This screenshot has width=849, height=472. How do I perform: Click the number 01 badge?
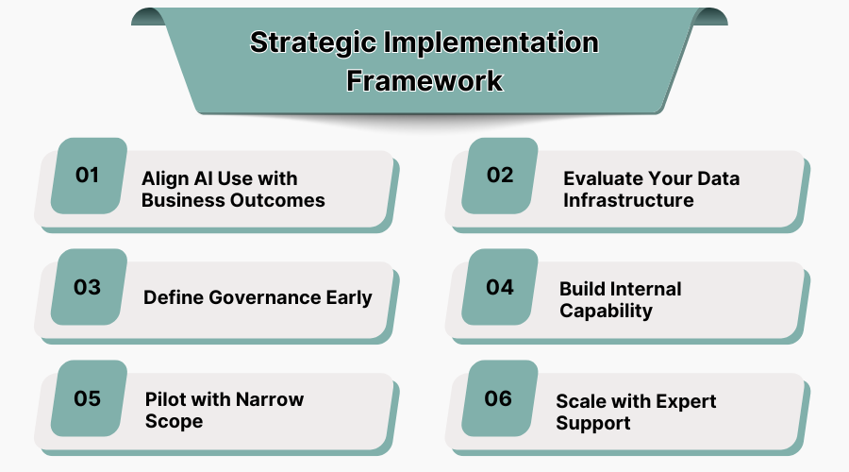pyautogui.click(x=88, y=176)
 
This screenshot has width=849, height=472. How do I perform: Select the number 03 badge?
pyautogui.click(x=88, y=287)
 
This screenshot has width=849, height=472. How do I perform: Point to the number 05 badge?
pyautogui.click(x=88, y=398)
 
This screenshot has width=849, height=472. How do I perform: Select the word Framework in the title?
pyautogui.click(x=424, y=80)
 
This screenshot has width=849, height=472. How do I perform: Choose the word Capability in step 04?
pyautogui.click(x=606, y=311)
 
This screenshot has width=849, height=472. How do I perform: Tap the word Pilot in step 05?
pyautogui.click(x=167, y=398)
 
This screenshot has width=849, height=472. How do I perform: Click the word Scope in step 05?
pyautogui.click(x=174, y=421)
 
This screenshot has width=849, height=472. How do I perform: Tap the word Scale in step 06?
pyautogui.click(x=581, y=401)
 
